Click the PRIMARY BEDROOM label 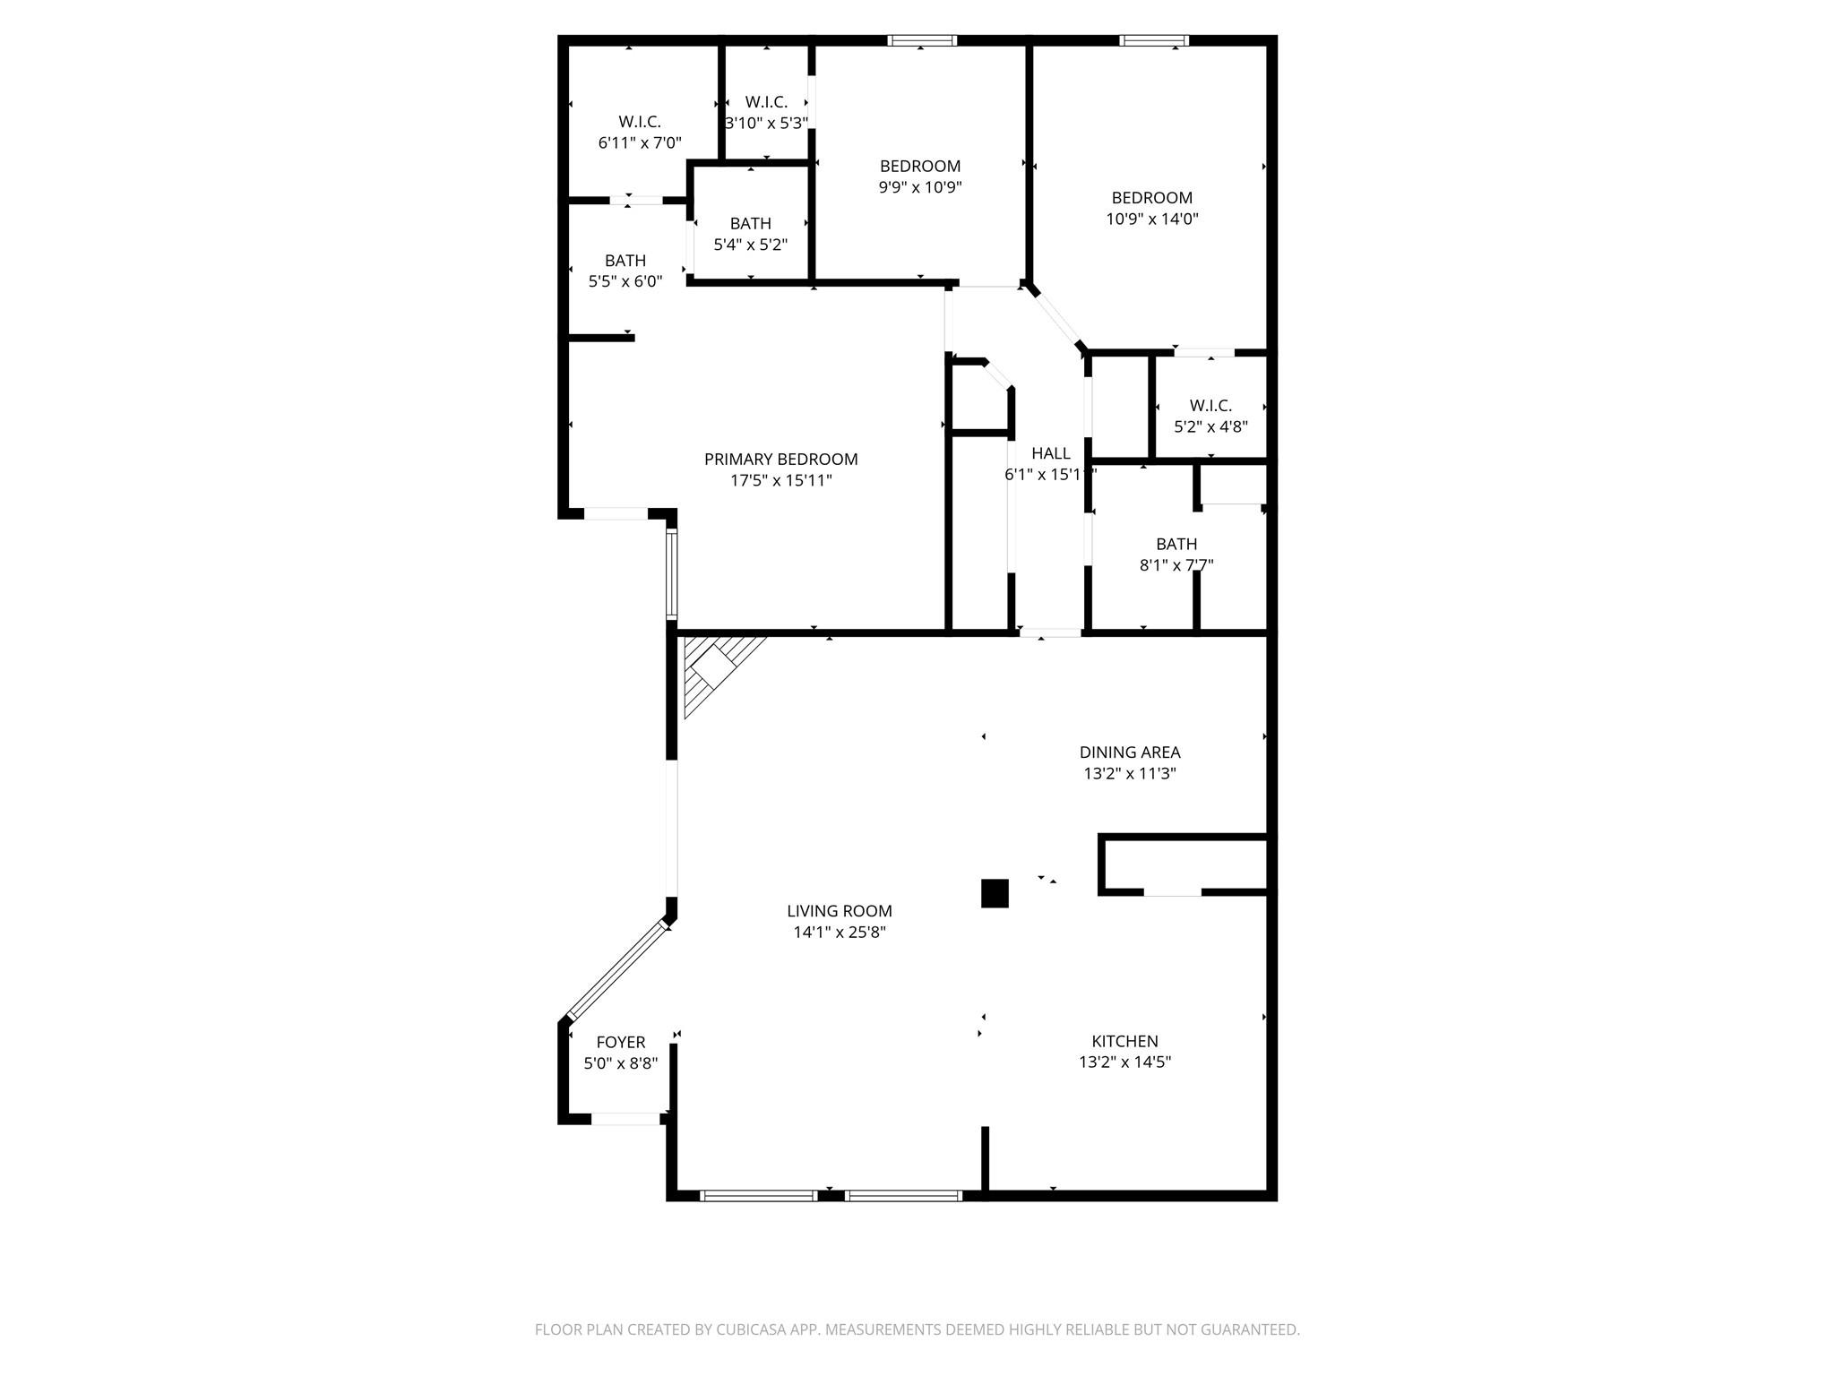(x=780, y=460)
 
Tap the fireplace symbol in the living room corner (x=714, y=666)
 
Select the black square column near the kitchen (x=995, y=893)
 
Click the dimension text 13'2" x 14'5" (x=1124, y=1062)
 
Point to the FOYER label (x=620, y=1043)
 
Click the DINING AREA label (x=1129, y=752)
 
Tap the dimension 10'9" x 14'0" (x=1151, y=219)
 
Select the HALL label (x=1050, y=453)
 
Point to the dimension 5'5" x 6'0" (x=625, y=281)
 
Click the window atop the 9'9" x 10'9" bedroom (x=922, y=40)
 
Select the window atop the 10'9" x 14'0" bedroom (x=1154, y=40)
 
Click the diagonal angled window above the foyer (x=618, y=971)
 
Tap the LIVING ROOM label (x=839, y=911)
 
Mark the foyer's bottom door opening (x=625, y=1119)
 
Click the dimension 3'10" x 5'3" (x=766, y=124)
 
